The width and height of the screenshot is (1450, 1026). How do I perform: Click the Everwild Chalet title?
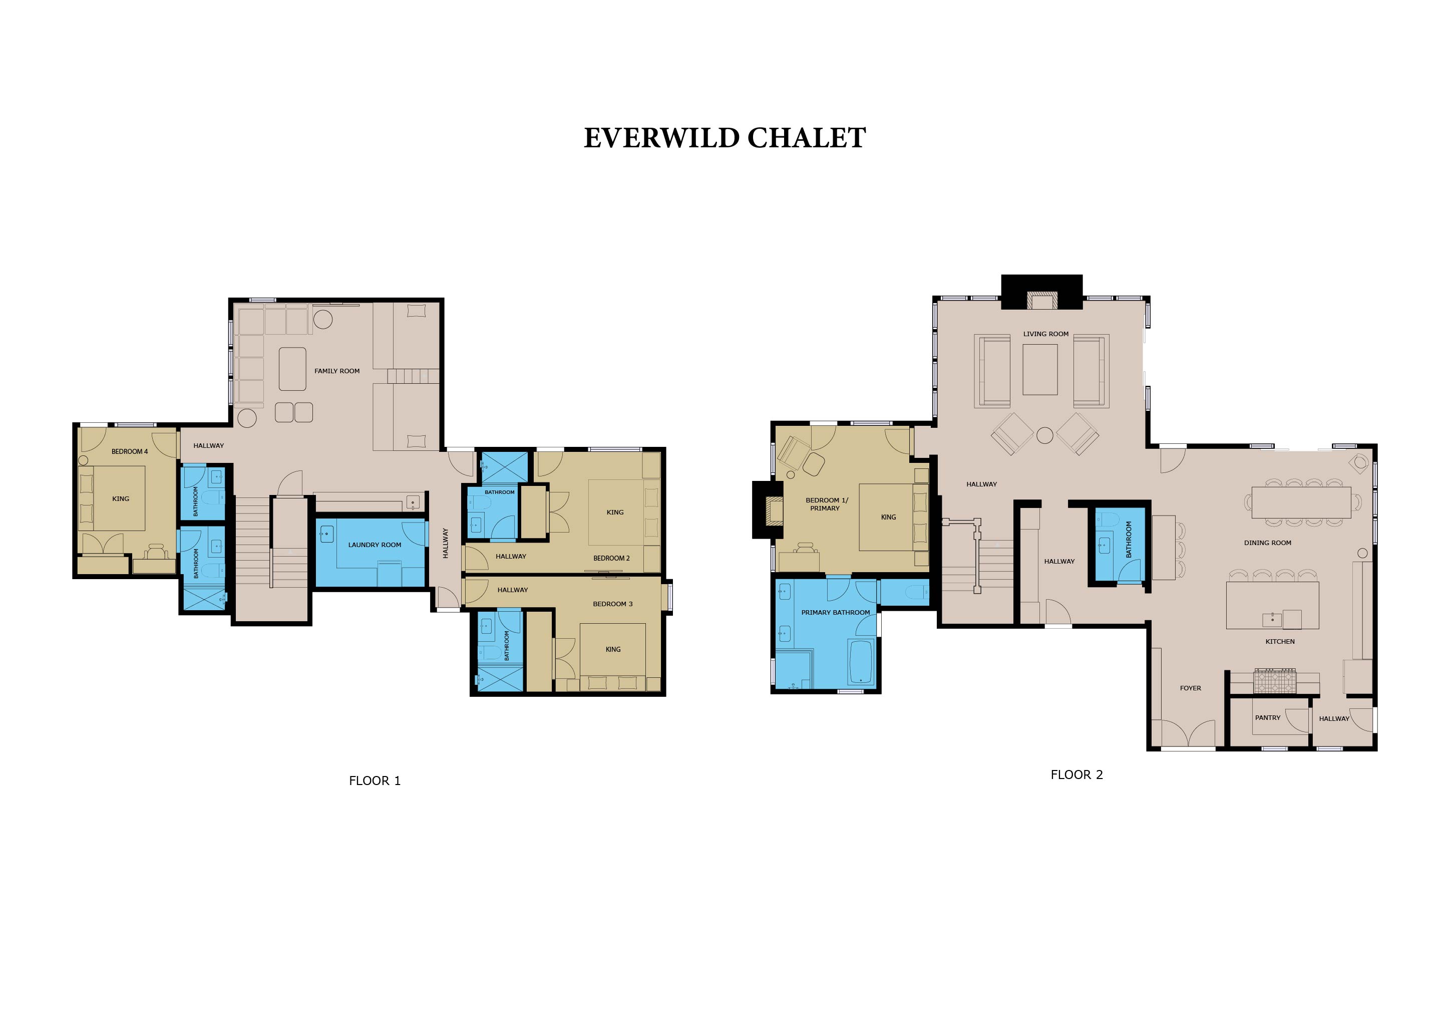[x=724, y=138]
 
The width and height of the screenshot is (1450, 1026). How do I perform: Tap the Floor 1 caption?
[x=375, y=781]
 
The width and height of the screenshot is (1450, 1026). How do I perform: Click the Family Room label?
[x=337, y=371]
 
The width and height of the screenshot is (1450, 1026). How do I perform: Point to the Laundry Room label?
[x=375, y=545]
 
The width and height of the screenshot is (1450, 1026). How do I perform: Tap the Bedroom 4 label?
[x=130, y=452]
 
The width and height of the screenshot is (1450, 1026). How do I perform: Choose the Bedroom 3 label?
[x=612, y=604]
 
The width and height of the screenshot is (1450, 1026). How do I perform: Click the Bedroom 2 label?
[x=611, y=559]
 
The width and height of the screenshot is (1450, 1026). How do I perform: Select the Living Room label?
[x=1046, y=334]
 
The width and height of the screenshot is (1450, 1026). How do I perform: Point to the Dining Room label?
[x=1267, y=543]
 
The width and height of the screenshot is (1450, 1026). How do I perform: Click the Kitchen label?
[x=1280, y=641]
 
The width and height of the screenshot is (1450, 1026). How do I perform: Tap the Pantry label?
[x=1267, y=718]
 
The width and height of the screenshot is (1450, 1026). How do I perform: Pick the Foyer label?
[x=1191, y=688]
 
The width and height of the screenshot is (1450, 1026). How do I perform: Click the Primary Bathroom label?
[x=836, y=612]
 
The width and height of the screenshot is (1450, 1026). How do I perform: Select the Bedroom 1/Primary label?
[x=826, y=504]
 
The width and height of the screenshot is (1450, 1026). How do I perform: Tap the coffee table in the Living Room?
[x=1040, y=370]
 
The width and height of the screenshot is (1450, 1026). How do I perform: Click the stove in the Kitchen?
[x=1274, y=681]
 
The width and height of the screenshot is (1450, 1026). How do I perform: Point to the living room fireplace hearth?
[x=1042, y=300]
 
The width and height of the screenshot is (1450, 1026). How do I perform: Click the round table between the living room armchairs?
[x=1045, y=435]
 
